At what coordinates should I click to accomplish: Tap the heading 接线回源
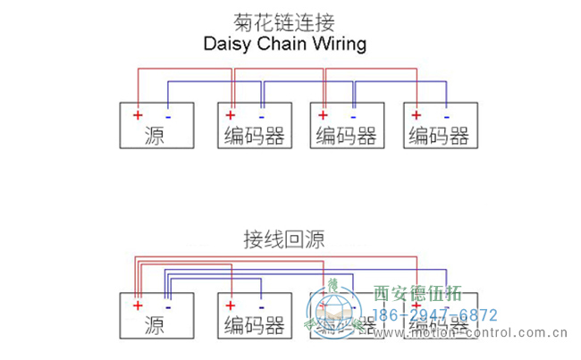(x=284, y=239)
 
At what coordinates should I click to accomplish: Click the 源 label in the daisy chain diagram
(x=153, y=136)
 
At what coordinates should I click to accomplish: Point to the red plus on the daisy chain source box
(x=138, y=115)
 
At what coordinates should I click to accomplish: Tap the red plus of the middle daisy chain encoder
(x=323, y=115)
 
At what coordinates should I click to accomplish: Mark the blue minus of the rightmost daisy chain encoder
(x=447, y=115)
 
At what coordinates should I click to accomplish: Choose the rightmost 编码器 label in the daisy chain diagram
(x=439, y=136)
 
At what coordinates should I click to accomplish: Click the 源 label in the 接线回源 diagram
(x=153, y=325)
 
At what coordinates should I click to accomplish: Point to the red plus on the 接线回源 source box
(x=138, y=305)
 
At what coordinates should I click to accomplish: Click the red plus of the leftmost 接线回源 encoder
(x=231, y=305)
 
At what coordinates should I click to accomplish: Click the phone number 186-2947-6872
(x=434, y=315)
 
